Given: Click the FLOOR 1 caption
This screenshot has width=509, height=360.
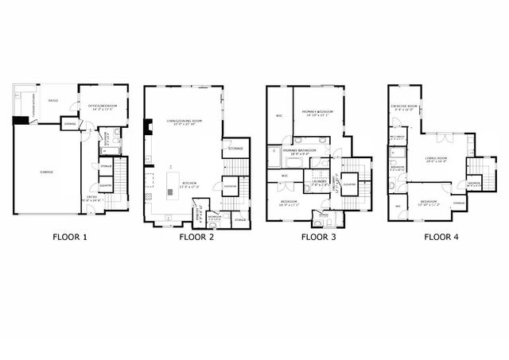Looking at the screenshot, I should (70, 236).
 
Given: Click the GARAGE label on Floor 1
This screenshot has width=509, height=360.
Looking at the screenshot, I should (47, 171).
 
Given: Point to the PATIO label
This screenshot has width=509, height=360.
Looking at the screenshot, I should (53, 101).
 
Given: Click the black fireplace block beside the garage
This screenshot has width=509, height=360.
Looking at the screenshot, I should (21, 121).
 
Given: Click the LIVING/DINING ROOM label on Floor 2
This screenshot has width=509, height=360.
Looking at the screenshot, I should (182, 121).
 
